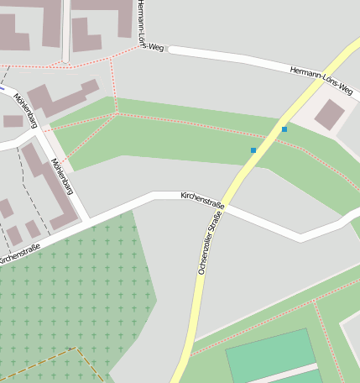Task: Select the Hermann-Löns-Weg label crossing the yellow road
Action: [321, 80]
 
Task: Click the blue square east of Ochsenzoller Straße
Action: [284, 129]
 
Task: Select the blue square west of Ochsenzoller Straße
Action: [253, 150]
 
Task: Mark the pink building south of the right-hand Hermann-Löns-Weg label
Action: [329, 114]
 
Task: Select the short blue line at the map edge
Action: [3, 87]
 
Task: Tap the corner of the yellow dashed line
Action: [76, 348]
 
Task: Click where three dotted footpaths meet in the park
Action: [115, 114]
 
